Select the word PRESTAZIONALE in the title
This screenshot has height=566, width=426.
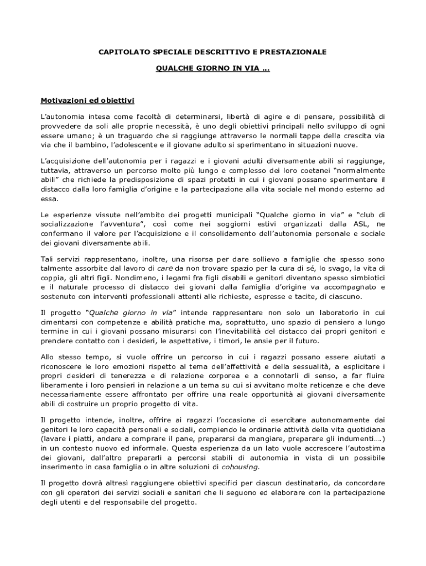297,52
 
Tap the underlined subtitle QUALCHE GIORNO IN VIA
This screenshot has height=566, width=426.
212,70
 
